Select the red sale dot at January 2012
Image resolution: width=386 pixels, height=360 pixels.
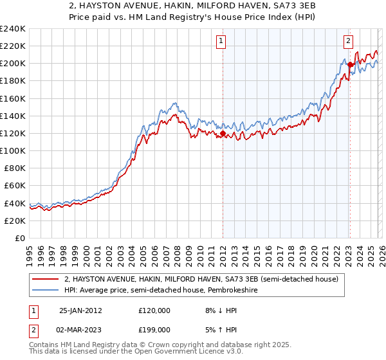[223, 133]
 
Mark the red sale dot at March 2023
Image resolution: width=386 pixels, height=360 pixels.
[350, 64]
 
